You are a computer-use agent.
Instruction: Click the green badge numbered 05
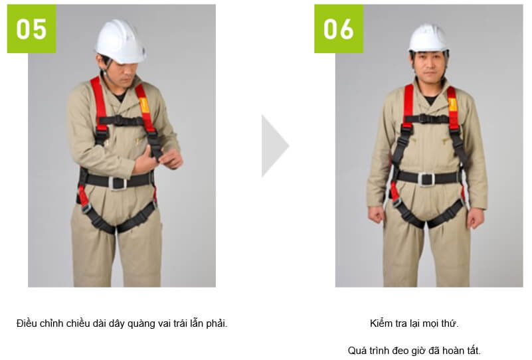pyautogui.click(x=32, y=29)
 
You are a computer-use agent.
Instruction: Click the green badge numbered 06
pyautogui.click(x=339, y=29)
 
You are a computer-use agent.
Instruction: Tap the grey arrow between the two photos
pyautogui.click(x=275, y=146)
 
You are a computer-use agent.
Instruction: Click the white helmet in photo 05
pyautogui.click(x=120, y=41)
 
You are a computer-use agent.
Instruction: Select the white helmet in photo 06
pyautogui.click(x=428, y=39)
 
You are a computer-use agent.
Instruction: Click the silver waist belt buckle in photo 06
pyautogui.click(x=426, y=179)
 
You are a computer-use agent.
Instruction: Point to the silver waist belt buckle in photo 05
pyautogui.click(x=118, y=183)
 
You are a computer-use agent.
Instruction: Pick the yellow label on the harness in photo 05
pyautogui.click(x=144, y=106)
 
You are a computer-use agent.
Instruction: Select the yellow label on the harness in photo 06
pyautogui.click(x=453, y=104)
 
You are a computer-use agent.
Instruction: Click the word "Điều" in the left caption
pyautogui.click(x=27, y=323)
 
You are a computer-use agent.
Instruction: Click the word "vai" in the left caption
pyautogui.click(x=165, y=323)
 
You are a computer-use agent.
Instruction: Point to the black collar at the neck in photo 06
pyautogui.click(x=431, y=100)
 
